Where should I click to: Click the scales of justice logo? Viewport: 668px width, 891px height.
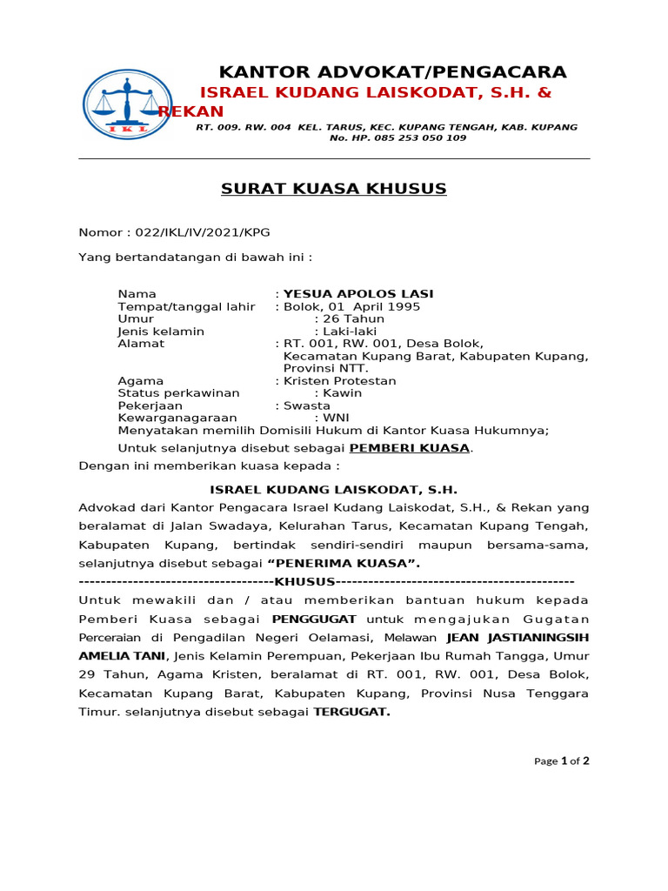click(x=127, y=104)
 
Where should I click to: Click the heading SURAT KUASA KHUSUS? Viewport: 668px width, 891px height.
click(x=334, y=189)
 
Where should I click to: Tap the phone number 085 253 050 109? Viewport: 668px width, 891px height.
click(x=410, y=138)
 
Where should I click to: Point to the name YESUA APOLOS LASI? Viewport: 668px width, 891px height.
click(x=358, y=294)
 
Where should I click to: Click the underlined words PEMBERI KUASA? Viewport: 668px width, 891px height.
click(x=409, y=448)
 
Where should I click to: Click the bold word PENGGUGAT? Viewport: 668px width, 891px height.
click(x=314, y=619)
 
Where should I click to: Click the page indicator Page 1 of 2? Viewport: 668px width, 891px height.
click(x=561, y=760)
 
